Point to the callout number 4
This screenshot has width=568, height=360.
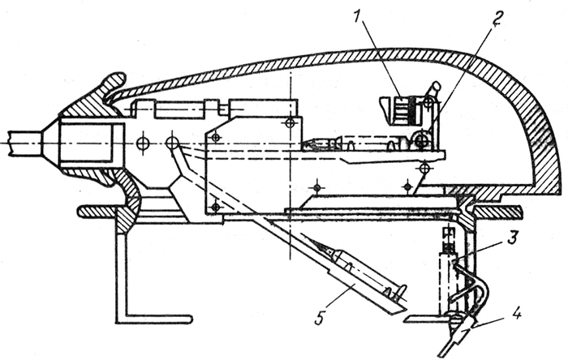(517, 314)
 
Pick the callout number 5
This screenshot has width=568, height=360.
(319, 319)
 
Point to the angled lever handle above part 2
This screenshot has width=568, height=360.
(433, 91)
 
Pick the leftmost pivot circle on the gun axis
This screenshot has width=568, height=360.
(143, 144)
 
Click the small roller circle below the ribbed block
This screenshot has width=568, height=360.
(420, 139)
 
